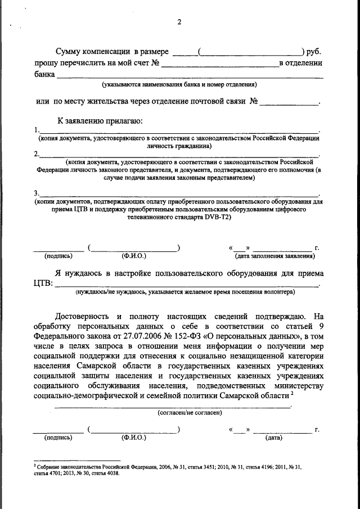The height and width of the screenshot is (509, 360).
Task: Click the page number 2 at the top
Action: (179, 22)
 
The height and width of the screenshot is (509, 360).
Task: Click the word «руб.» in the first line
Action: (314, 51)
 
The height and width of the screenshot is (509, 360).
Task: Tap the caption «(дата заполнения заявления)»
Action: (274, 256)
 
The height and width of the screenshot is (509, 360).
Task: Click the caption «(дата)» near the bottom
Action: (273, 437)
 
